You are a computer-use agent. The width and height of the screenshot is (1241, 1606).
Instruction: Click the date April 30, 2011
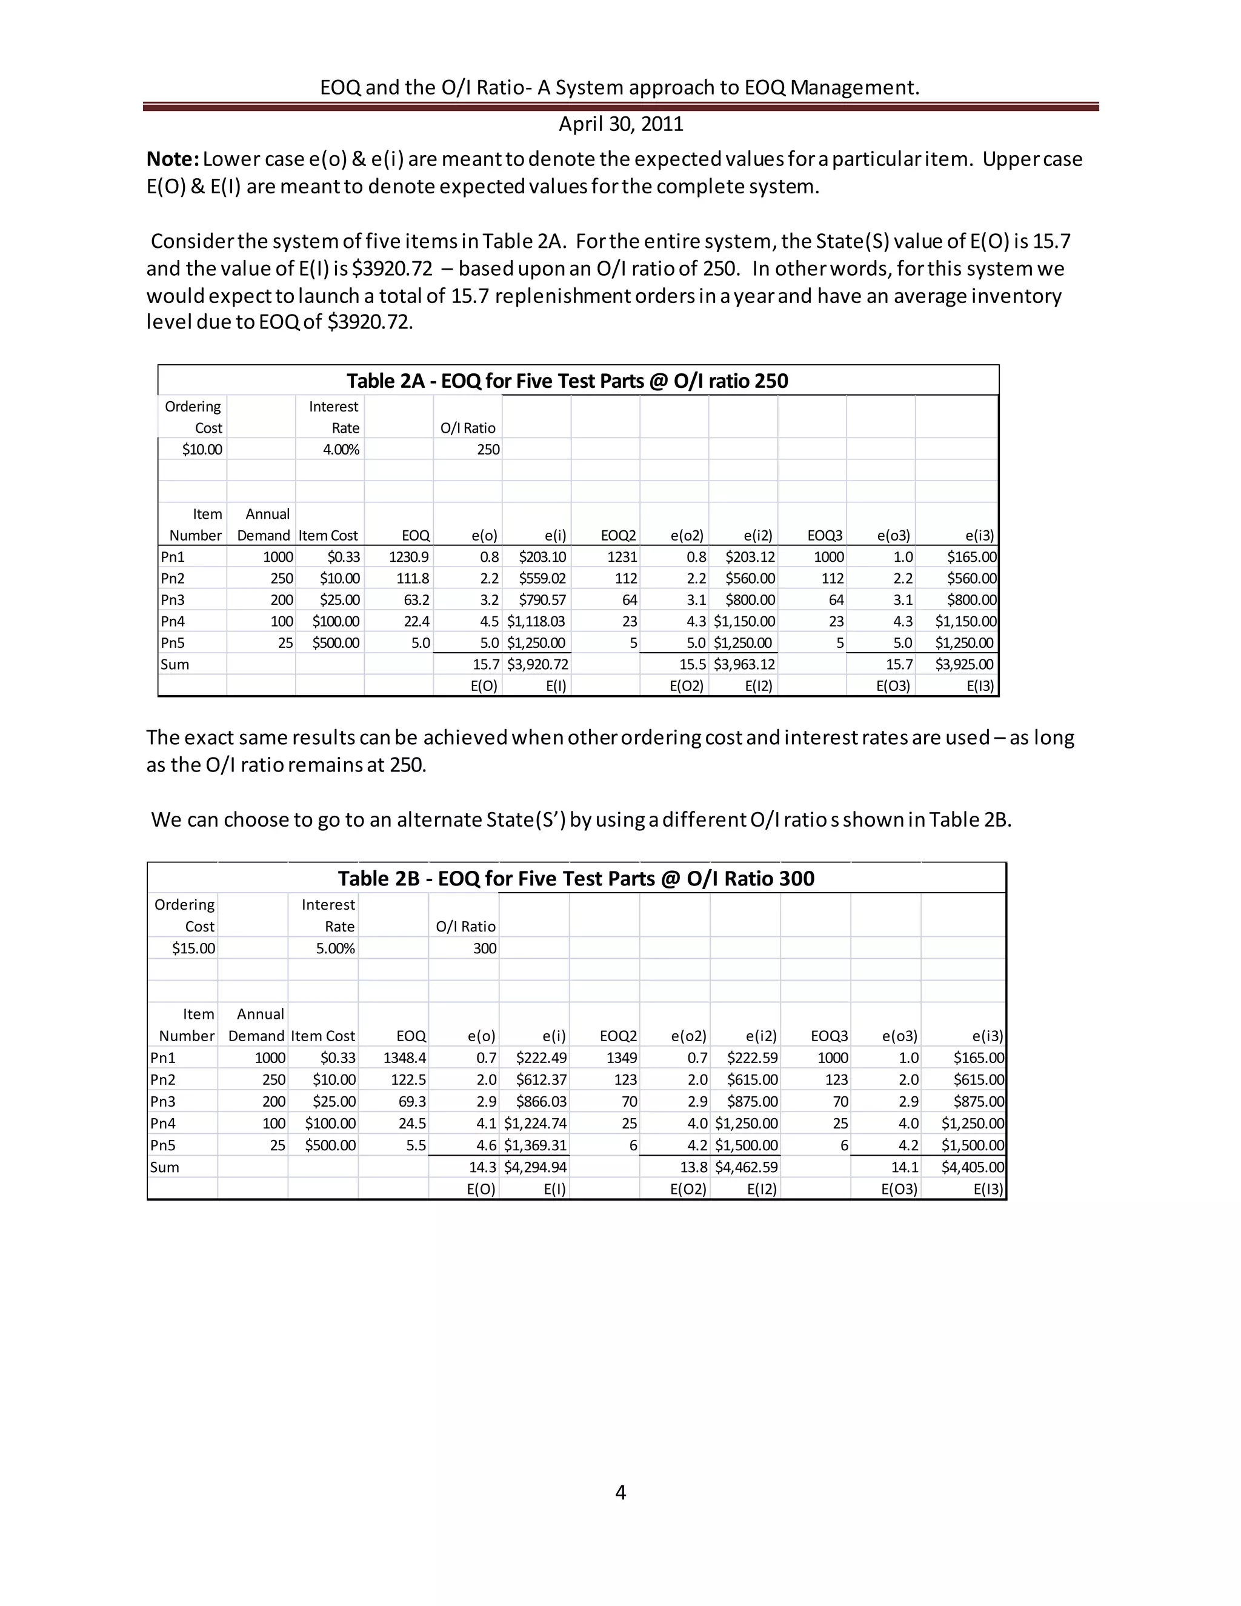620,124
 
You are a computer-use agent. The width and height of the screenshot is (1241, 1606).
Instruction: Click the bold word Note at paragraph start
172,159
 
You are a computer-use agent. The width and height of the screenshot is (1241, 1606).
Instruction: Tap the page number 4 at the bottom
620,1491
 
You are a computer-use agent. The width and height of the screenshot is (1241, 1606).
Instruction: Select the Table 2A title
567,381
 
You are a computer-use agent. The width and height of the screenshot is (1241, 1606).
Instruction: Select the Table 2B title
576,879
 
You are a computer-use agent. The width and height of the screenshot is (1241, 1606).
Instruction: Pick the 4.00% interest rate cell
341,449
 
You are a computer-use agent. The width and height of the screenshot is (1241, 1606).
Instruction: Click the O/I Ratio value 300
485,948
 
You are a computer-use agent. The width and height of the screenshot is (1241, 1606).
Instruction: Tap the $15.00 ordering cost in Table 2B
193,948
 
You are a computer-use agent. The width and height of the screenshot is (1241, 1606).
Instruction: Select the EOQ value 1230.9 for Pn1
409,557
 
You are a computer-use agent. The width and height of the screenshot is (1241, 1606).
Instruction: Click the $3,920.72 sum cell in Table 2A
537,664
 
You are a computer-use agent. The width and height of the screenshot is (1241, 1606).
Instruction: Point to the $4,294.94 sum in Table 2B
535,1167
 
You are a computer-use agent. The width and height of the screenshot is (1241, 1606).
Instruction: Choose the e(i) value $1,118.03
536,621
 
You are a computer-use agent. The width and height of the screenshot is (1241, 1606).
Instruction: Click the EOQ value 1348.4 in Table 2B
404,1058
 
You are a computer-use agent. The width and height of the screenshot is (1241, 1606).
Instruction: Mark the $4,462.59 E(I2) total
746,1167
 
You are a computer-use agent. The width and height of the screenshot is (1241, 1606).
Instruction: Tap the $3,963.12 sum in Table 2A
744,664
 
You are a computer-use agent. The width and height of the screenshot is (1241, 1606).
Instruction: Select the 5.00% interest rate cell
335,948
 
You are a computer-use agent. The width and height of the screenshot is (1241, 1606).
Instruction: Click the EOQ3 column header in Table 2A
825,535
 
